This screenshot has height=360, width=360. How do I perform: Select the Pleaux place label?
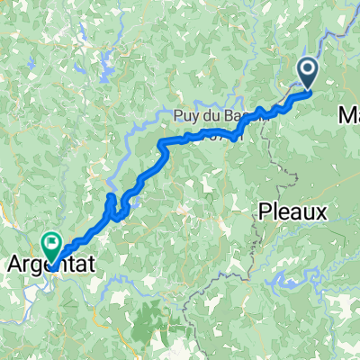[291, 212]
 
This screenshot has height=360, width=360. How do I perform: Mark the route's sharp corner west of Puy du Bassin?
[161, 143]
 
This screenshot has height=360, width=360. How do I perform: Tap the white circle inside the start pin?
[308, 67]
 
